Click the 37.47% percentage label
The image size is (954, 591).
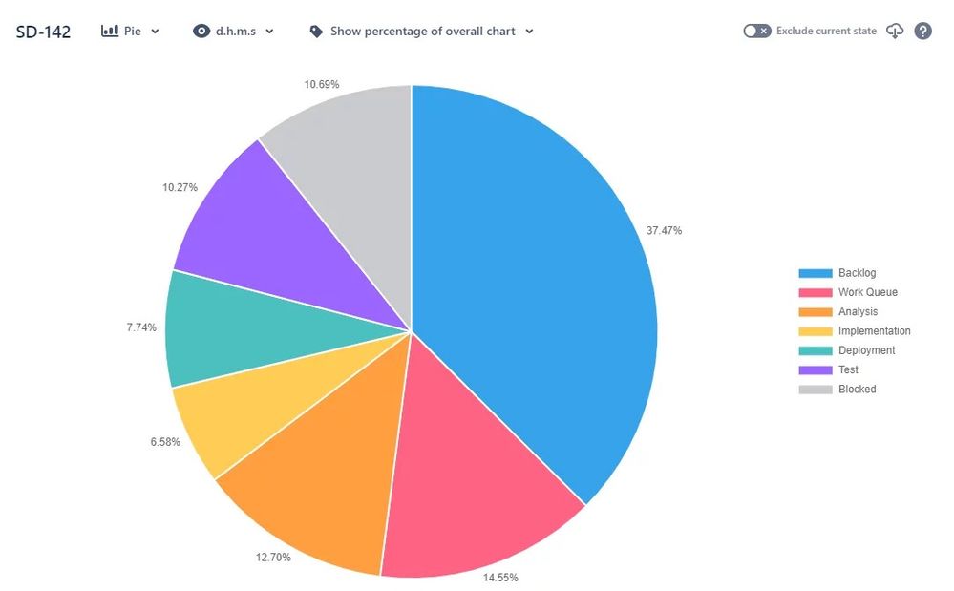pos(664,230)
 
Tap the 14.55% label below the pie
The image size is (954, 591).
pos(500,577)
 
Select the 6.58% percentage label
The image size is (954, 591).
pos(165,442)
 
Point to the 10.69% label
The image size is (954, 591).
pos(322,85)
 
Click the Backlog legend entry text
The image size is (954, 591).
pos(857,273)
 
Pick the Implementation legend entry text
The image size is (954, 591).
pos(874,331)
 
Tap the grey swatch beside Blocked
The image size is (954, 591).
pos(816,390)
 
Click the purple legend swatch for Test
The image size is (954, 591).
pos(816,370)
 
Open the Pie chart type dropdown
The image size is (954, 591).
pos(131,31)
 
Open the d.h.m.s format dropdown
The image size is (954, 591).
pos(234,31)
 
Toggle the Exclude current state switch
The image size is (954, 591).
pos(756,31)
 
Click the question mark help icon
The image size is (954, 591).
pos(922,31)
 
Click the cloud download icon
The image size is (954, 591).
pos(895,31)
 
